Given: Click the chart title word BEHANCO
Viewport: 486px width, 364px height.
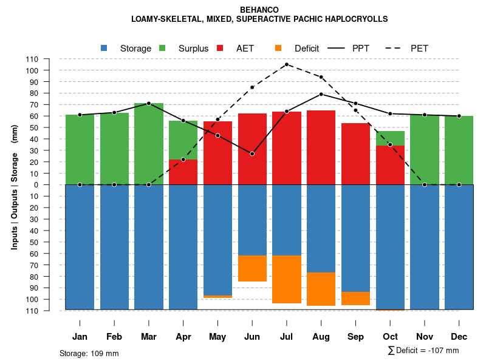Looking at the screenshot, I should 259,10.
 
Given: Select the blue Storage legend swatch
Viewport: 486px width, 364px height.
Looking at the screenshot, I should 104,48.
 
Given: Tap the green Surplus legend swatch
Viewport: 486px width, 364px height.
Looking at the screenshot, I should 162,48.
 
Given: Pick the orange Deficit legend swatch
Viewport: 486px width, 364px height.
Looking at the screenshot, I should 278,48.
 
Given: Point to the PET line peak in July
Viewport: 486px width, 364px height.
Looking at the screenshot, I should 287,64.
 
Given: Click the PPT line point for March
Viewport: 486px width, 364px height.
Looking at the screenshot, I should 149,103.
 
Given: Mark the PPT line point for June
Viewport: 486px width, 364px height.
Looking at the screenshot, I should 252,153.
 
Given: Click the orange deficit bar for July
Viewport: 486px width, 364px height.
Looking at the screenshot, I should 287,280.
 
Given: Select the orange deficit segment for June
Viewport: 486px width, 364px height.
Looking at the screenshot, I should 252,268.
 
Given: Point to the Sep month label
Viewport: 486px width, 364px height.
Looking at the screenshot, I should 355,337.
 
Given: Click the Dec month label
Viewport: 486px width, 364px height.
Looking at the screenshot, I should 459,337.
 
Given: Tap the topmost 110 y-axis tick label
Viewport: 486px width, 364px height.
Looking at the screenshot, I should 32,59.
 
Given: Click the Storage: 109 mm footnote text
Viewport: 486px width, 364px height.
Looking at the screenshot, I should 89,353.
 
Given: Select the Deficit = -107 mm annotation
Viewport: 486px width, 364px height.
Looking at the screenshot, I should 423,351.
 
